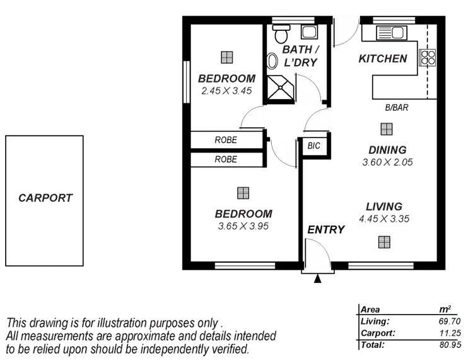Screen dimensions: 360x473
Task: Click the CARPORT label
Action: (45, 198)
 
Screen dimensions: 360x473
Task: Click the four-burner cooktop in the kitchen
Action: (428, 57)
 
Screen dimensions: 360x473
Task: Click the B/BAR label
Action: (397, 108)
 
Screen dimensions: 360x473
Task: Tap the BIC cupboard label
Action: (313, 146)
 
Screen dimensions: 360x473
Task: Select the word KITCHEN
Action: (382, 59)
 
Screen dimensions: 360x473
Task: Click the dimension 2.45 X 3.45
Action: (226, 91)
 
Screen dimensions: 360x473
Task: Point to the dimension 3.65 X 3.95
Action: (243, 225)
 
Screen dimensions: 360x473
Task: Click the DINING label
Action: (387, 149)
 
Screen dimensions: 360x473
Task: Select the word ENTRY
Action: (326, 229)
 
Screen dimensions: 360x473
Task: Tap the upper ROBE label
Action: (225, 140)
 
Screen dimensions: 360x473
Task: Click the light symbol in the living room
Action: (384, 241)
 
